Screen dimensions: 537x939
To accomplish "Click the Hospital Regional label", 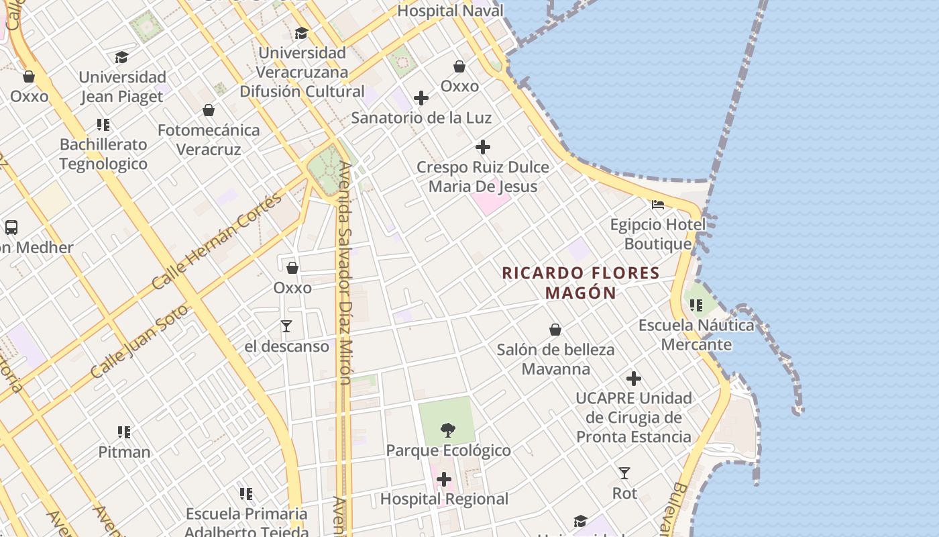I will [444, 499].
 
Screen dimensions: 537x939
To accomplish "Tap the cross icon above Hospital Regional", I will [444, 479].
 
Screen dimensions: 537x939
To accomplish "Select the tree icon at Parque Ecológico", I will [447, 430].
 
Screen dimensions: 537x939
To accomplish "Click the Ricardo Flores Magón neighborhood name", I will [581, 283].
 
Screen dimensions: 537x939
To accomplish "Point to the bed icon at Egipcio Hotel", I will [658, 205].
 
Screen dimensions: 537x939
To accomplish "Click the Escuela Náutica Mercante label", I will [696, 335].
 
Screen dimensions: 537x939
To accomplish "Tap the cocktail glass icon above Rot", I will [624, 473].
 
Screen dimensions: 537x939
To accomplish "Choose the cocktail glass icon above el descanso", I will [286, 326].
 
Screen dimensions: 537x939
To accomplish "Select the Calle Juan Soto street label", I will [140, 341].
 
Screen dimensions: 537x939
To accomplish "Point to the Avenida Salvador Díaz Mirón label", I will [345, 272].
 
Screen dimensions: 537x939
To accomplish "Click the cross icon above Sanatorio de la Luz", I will [421, 99].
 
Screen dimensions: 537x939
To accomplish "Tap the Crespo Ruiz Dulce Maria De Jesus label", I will [483, 177].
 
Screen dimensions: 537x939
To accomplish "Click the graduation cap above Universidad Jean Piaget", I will [121, 58].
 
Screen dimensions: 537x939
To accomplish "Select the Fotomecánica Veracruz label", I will [209, 140].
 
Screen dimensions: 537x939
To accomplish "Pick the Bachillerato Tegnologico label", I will [103, 154].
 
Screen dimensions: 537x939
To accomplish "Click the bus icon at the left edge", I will [11, 227].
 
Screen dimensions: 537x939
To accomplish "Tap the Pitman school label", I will [124, 452].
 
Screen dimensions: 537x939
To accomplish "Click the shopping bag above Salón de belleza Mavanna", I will [555, 330].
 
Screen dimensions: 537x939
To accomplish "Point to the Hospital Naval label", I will [450, 11].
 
